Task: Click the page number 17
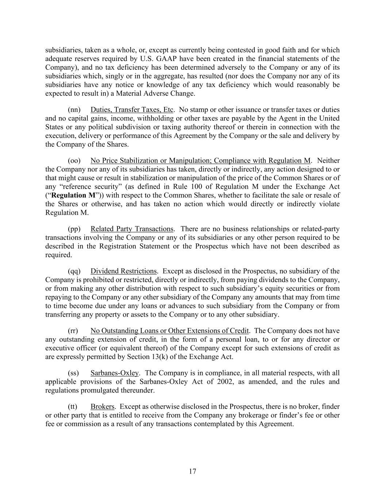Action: pyautogui.click(x=193, y=471)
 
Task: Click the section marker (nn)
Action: pyautogui.click(x=74, y=110)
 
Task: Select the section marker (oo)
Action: pyautogui.click(x=74, y=161)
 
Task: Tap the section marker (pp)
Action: pyautogui.click(x=74, y=229)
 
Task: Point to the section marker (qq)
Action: pyautogui.click(x=74, y=271)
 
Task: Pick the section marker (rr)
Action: pyautogui.click(x=73, y=331)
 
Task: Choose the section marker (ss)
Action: pyautogui.click(x=73, y=373)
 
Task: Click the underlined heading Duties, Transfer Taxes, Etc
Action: pyautogui.click(x=132, y=110)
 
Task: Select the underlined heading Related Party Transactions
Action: pyautogui.click(x=132, y=229)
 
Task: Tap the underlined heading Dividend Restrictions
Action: pyautogui.click(x=123, y=271)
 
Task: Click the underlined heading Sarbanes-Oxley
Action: pyautogui.click(x=115, y=373)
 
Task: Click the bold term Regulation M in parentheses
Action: pyautogui.click(x=74, y=196)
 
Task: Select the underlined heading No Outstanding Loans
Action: pyautogui.click(x=169, y=331)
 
